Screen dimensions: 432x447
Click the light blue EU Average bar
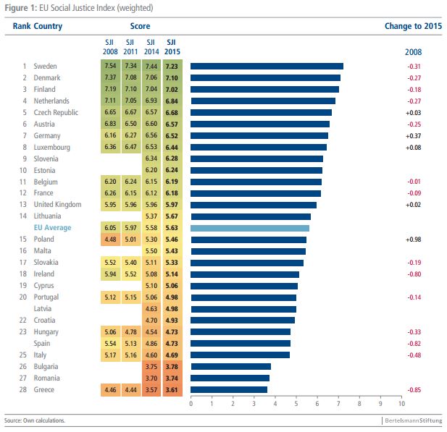[x=250, y=228]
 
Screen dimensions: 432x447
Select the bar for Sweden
[x=267, y=66]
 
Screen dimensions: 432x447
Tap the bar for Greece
[x=229, y=389]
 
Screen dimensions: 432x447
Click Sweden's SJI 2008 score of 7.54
[x=109, y=66]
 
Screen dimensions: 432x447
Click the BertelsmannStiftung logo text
[x=412, y=420]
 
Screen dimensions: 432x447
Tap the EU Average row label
[x=53, y=228]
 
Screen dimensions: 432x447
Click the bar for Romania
[x=230, y=378]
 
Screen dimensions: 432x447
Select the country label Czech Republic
[x=56, y=112]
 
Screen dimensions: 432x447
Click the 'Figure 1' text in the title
[x=20, y=7]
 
